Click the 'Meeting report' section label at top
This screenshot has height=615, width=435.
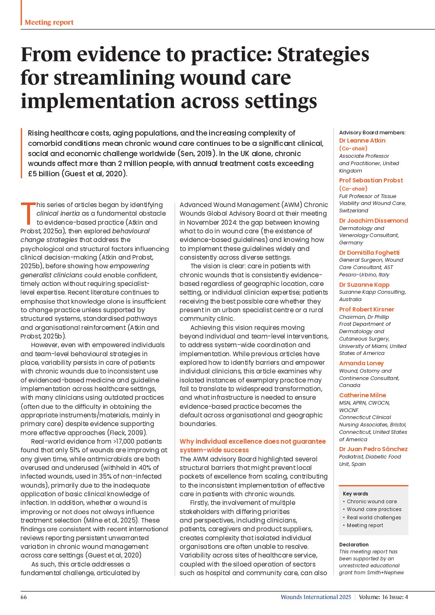[49, 23]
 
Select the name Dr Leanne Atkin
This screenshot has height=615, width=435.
[362, 141]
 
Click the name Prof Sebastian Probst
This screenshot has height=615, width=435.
[371, 180]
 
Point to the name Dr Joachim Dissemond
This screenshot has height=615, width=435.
[373, 221]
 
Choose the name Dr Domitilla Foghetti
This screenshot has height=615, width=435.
[369, 253]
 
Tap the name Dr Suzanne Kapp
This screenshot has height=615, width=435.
[364, 285]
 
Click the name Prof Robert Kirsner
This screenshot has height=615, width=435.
[366, 309]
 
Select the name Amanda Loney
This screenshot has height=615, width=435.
[361, 363]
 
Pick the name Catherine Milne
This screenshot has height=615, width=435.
[363, 395]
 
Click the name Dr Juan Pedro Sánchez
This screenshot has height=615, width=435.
[373, 449]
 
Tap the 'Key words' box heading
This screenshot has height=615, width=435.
[355, 494]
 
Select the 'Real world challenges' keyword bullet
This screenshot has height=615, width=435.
[374, 518]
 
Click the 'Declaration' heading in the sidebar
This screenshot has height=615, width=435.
[354, 545]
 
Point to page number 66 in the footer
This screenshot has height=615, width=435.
[24, 597]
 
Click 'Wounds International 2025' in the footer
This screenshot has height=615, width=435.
[316, 597]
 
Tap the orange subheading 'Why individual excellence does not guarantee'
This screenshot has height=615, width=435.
[252, 442]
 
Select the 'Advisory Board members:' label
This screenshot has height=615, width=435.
[372, 133]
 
